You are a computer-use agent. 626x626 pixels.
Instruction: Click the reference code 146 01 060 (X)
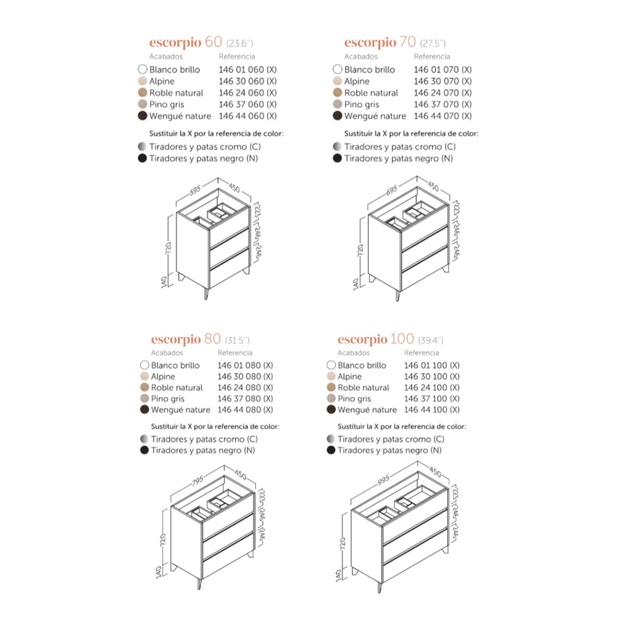[x=248, y=69]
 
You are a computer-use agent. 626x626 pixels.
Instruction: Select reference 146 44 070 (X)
[x=442, y=116]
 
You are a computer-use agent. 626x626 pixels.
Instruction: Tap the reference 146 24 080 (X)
[x=245, y=388]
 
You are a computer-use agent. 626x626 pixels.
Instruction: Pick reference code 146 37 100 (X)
[x=432, y=399]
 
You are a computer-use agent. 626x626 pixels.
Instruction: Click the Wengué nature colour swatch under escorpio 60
[x=142, y=116]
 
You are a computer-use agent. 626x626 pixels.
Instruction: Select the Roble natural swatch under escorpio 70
[x=337, y=92]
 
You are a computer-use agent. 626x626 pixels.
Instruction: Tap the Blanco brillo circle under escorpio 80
[x=144, y=365]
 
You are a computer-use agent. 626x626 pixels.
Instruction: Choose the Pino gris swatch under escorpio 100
[x=331, y=398]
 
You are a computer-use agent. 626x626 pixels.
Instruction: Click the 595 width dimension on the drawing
[x=195, y=190]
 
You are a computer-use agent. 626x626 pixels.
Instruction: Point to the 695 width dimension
[x=391, y=190]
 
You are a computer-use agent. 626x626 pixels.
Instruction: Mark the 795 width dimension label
[x=197, y=480]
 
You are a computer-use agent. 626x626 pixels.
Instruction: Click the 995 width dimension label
[x=383, y=480]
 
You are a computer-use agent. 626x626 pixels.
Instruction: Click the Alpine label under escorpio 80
[x=163, y=377]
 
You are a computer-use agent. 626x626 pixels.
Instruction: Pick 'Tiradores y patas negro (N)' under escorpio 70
[x=399, y=159]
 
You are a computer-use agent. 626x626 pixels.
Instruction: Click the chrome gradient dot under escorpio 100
[x=331, y=439]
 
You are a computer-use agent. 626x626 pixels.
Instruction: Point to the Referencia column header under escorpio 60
[x=237, y=56]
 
